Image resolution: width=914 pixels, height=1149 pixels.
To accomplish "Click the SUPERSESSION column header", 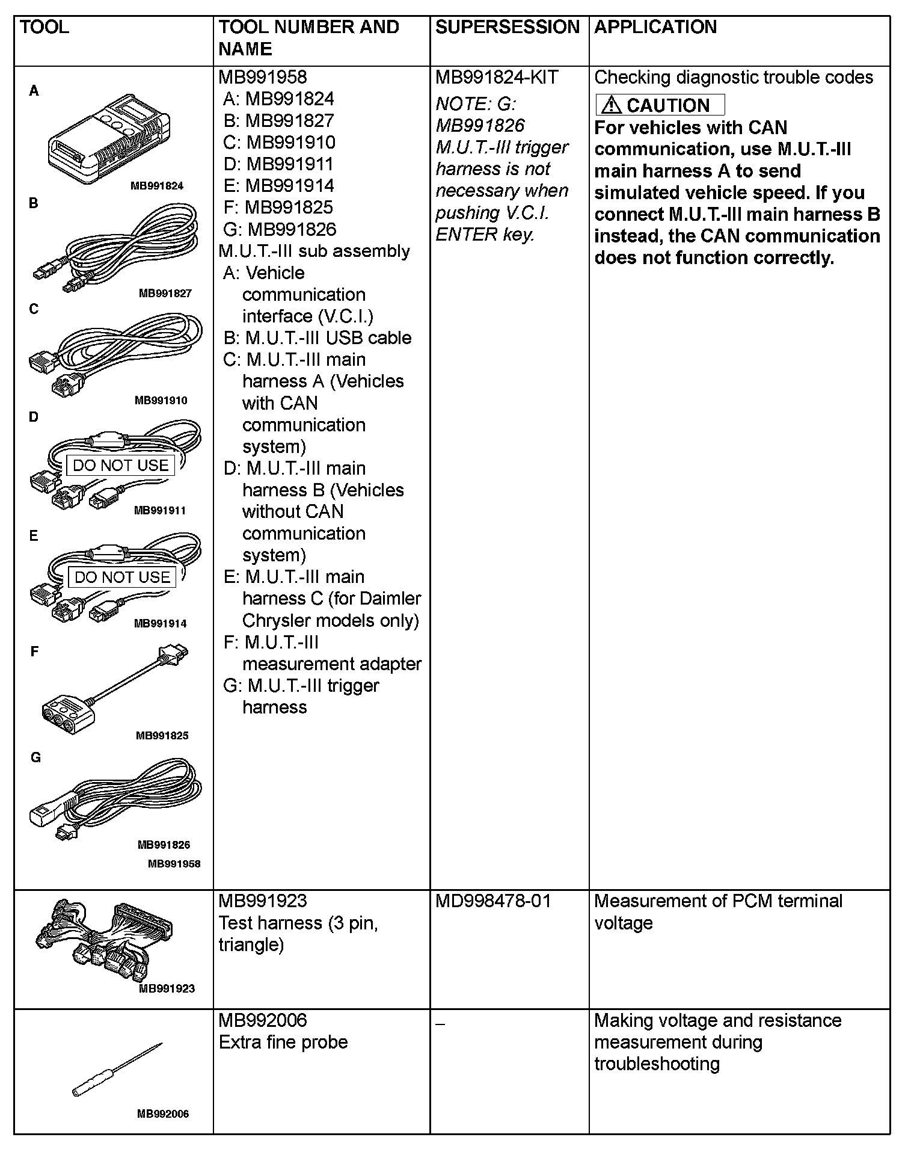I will click(508, 27).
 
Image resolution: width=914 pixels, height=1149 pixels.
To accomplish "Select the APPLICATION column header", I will click(655, 27).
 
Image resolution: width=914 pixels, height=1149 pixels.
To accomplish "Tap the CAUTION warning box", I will click(660, 105).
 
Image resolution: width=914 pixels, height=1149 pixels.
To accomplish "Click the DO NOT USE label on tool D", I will click(120, 465).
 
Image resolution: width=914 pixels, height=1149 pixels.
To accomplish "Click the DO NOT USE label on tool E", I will click(122, 577).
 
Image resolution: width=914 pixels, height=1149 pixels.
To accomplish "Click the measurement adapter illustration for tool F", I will click(114, 686).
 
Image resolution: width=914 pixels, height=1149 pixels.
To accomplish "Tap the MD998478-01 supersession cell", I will click(493, 901).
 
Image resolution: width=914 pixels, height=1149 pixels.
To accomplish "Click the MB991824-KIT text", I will click(497, 78).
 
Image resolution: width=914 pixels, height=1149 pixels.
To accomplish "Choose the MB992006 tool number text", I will click(263, 1021).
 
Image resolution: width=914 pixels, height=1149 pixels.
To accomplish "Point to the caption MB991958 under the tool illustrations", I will click(174, 864).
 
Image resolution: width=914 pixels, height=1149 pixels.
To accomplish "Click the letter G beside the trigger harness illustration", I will click(35, 758).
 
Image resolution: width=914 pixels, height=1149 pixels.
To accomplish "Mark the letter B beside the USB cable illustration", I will click(34, 203).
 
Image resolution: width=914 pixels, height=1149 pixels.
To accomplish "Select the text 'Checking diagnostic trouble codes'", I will click(734, 78).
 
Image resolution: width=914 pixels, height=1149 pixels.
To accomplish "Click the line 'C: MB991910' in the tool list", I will click(279, 143).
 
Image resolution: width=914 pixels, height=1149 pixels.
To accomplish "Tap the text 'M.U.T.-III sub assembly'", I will click(314, 251).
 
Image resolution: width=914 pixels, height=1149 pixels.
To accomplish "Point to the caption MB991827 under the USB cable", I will click(165, 294).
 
